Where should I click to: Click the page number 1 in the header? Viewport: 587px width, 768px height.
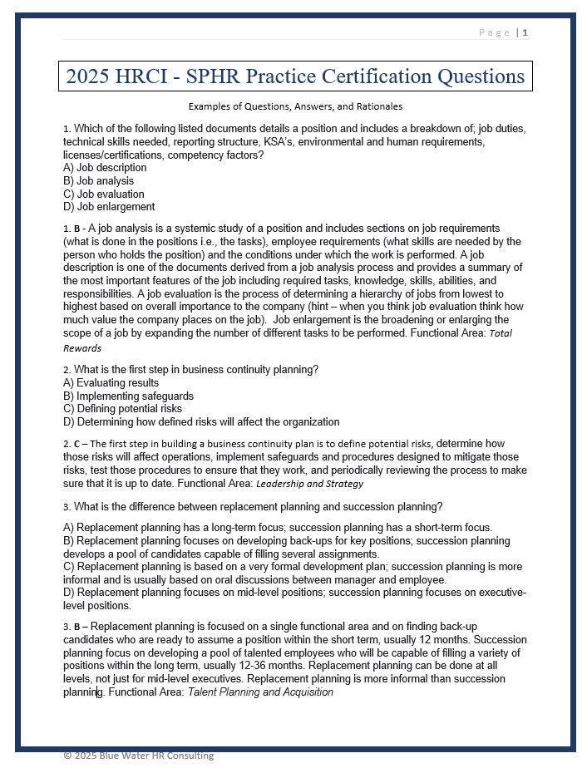pyautogui.click(x=525, y=32)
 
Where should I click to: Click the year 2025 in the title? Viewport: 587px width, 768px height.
pyautogui.click(x=89, y=77)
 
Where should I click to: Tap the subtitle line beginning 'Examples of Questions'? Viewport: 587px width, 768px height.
pyautogui.click(x=295, y=106)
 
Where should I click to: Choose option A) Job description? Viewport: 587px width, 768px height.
pyautogui.click(x=105, y=168)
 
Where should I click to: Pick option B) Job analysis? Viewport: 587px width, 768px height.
pyautogui.click(x=98, y=181)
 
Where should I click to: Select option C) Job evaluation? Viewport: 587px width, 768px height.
pyautogui.click(x=104, y=194)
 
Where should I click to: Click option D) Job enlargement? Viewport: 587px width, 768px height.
pyautogui.click(x=109, y=207)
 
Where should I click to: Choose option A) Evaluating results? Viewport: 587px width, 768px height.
pyautogui.click(x=111, y=383)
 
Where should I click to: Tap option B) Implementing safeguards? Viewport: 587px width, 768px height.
pyautogui.click(x=128, y=396)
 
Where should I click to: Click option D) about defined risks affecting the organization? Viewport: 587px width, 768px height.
pyautogui.click(x=201, y=422)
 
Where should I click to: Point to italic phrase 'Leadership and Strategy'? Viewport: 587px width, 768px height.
pyautogui.click(x=309, y=484)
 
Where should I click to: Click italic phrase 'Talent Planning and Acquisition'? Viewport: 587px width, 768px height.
pyautogui.click(x=260, y=692)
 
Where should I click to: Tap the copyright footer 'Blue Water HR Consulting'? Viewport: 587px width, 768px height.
pyautogui.click(x=138, y=756)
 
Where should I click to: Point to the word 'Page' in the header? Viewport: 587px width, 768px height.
pyautogui.click(x=495, y=32)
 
